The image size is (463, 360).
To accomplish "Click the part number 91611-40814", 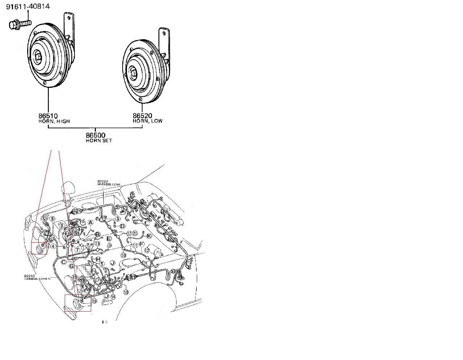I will pyautogui.click(x=28, y=6).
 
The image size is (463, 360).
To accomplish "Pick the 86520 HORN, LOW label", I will pyautogui.click(x=147, y=118).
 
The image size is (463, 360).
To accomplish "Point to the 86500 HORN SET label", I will pyautogui.click(x=98, y=138).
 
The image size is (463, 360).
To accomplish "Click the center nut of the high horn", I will pyautogui.click(x=38, y=57).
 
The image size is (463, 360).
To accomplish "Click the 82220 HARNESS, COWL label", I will pyautogui.click(x=109, y=183).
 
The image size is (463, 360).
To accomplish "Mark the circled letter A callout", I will pyautogui.click(x=90, y=222).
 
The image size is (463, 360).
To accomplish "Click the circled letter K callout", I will pyautogui.click(x=149, y=236).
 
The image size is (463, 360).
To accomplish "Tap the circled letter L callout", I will pyautogui.click(x=146, y=224).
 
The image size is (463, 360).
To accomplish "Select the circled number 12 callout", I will pyautogui.click(x=147, y=250).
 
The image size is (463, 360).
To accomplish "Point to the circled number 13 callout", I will pyautogui.click(x=126, y=292).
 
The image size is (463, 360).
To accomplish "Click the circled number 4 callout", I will pyautogui.click(x=53, y=247).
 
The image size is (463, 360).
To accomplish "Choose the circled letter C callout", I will pyautogui.click(x=64, y=262).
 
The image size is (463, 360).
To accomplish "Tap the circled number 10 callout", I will pyautogui.click(x=124, y=255).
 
